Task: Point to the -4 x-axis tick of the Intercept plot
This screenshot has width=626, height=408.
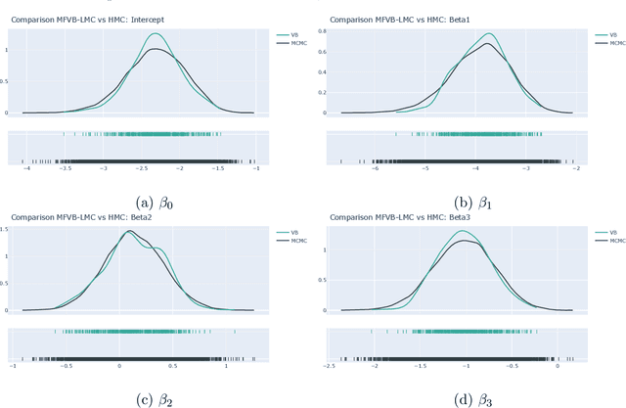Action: coord(26,168)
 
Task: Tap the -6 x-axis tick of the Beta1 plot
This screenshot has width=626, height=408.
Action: coord(375,168)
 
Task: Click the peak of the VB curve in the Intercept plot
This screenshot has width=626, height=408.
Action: coord(155,34)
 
